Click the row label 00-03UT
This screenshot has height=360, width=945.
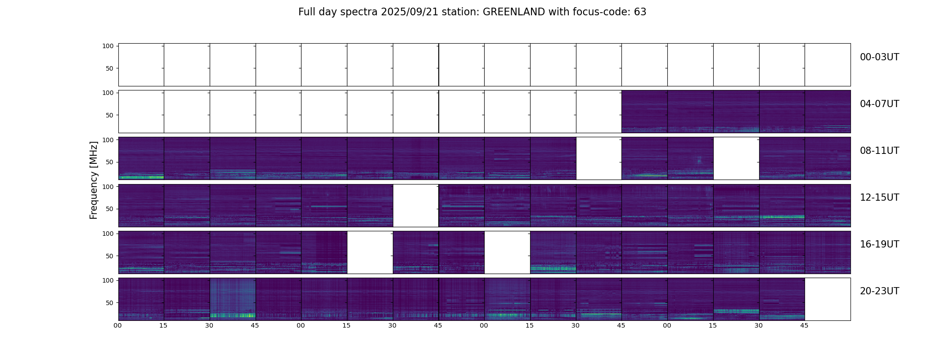pos(879,58)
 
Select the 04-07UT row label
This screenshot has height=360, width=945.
pos(879,104)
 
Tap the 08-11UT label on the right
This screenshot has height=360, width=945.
pos(879,151)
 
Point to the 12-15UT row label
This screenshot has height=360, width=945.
pos(879,198)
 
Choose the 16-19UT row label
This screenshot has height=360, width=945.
pos(879,245)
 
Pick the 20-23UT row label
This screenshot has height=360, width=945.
pos(879,292)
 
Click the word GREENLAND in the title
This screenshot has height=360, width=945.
pos(514,12)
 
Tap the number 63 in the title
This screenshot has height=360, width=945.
pos(640,12)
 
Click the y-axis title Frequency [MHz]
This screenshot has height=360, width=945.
pos(94,180)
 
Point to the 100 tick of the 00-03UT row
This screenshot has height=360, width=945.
pos(108,46)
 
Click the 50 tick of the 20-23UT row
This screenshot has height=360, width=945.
pos(109,303)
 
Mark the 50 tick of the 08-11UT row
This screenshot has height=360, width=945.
pos(109,162)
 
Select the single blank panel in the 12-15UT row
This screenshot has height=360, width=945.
pos(416,205)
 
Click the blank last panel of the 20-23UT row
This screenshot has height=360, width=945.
pos(828,299)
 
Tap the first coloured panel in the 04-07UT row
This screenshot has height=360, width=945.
pos(644,112)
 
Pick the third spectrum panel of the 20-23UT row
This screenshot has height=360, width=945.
pos(233,299)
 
